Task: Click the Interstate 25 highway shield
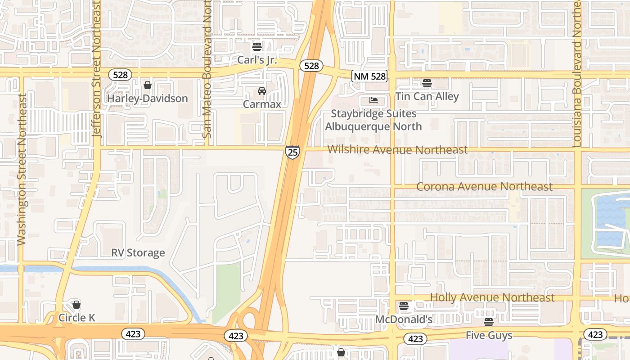[x=292, y=152]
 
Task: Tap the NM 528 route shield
[x=370, y=76]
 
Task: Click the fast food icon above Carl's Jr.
[x=257, y=47]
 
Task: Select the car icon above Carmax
[x=261, y=91]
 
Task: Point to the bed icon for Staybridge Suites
[x=373, y=100]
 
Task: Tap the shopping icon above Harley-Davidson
[x=147, y=85]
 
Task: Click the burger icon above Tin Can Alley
[x=427, y=83]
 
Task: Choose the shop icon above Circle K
[x=76, y=305]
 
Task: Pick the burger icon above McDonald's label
[x=404, y=306]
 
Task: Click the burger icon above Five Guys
[x=488, y=322]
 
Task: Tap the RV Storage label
[x=138, y=253]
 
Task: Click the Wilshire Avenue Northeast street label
[x=397, y=149]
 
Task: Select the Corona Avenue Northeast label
[x=484, y=186]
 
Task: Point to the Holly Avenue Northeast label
[x=492, y=297]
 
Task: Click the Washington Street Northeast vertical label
[x=22, y=170]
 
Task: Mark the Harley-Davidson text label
[x=147, y=99]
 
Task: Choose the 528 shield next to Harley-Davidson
[x=120, y=75]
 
